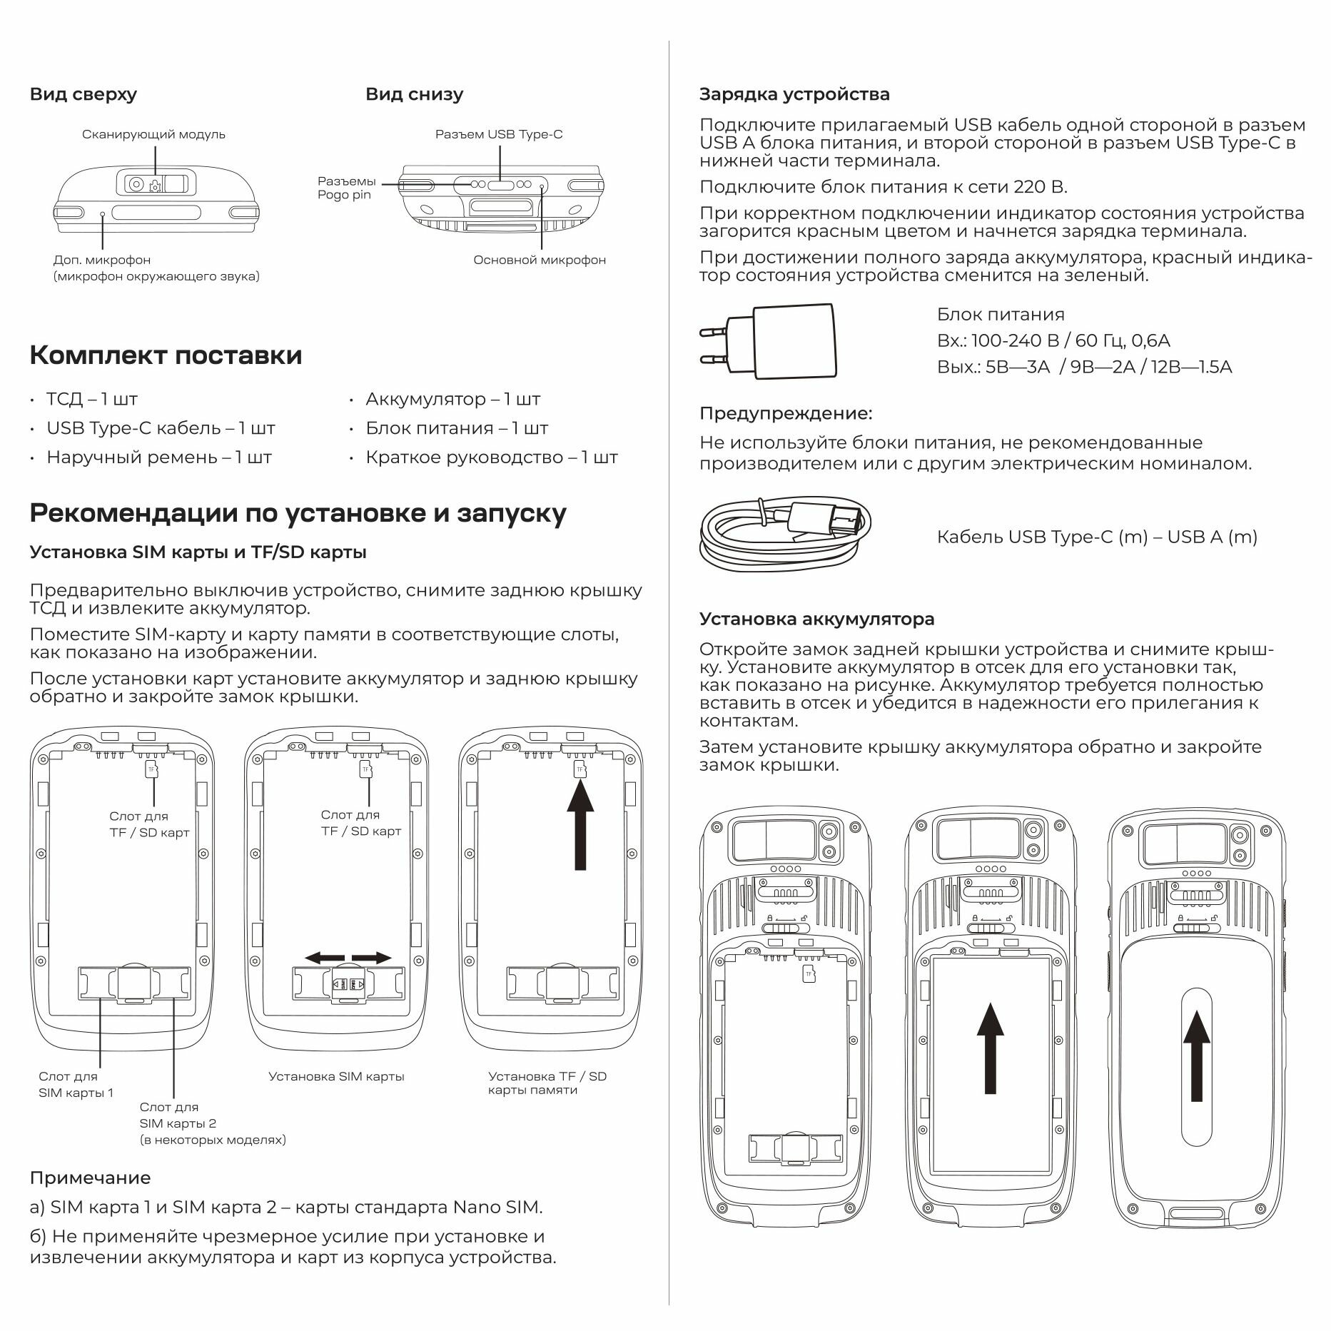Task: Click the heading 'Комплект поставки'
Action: point(166,355)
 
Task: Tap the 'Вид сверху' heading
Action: point(83,94)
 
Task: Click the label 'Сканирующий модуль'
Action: point(153,134)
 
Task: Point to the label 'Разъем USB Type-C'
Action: point(499,134)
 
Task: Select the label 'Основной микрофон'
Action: point(540,260)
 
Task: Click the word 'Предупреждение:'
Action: point(785,413)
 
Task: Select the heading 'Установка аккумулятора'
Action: point(816,619)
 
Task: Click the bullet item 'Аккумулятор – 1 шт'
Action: point(452,399)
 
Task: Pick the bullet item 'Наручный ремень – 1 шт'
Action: point(158,457)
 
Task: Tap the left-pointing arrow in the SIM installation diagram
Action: point(322,958)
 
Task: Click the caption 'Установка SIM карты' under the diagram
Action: point(336,1076)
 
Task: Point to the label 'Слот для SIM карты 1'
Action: point(76,1085)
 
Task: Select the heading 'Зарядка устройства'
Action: point(794,94)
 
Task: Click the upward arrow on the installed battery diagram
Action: point(990,1048)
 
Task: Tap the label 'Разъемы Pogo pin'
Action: point(346,188)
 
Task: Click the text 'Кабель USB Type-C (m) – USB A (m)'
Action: point(1096,537)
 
